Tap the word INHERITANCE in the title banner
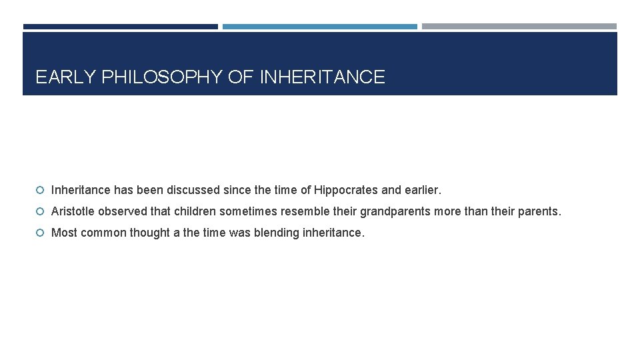pyautogui.click(x=322, y=77)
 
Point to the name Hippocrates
pyautogui.click(x=346, y=190)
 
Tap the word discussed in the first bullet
pyautogui.click(x=195, y=190)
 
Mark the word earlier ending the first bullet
pyautogui.click(x=421, y=190)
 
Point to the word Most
pyautogui.click(x=63, y=233)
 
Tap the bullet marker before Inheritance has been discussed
pyautogui.click(x=41, y=190)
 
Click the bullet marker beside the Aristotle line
pyautogui.click(x=41, y=212)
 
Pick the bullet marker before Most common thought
pyautogui.click(x=41, y=233)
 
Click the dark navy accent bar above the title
pyautogui.click(x=120, y=27)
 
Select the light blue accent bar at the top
pyautogui.click(x=319, y=27)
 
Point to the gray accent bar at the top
pyautogui.click(x=519, y=27)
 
